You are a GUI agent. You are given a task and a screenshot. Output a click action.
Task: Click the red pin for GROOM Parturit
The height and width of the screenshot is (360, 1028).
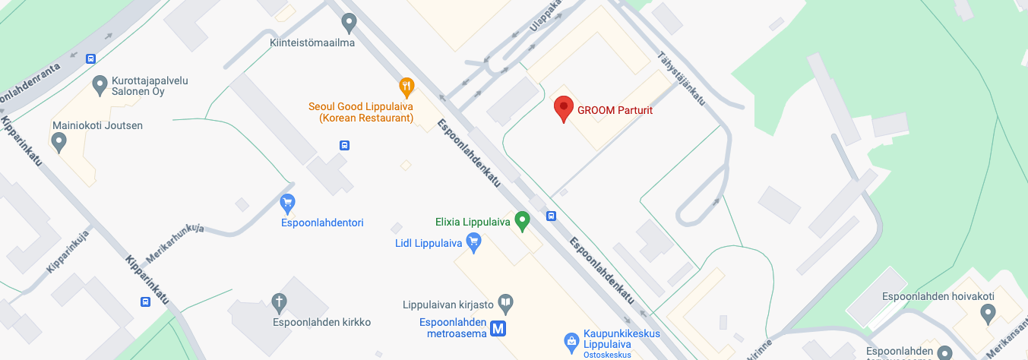(563, 109)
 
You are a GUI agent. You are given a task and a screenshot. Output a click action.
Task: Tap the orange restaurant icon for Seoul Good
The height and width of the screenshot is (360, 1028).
(406, 87)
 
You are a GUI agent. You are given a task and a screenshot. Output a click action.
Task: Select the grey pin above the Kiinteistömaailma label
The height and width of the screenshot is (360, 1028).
(349, 23)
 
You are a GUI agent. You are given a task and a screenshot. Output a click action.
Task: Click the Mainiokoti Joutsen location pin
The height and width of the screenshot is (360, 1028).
(59, 141)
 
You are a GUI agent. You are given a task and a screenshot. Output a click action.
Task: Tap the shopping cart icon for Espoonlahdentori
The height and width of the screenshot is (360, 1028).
(287, 204)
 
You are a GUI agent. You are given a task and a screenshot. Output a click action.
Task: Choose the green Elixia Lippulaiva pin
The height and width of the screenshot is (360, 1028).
(521, 221)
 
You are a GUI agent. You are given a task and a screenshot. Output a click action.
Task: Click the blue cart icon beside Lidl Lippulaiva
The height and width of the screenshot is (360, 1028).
(474, 243)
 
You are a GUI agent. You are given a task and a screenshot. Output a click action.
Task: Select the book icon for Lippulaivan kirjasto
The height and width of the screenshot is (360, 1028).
(505, 305)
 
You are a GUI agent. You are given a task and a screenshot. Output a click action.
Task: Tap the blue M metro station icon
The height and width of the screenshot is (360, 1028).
(498, 328)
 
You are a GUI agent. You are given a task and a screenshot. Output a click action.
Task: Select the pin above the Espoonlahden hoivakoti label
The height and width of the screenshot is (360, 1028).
(988, 312)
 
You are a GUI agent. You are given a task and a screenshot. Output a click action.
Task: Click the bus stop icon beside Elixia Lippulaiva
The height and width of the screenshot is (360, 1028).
(552, 216)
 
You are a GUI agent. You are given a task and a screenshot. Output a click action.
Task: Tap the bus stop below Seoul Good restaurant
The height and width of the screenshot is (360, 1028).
(344, 145)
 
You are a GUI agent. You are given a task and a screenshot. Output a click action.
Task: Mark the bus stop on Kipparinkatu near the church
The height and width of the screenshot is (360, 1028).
(145, 302)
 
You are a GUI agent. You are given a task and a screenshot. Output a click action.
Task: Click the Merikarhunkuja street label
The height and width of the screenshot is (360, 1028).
(176, 242)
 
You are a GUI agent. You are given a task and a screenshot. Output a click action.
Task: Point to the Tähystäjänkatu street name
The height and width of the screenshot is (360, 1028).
(682, 78)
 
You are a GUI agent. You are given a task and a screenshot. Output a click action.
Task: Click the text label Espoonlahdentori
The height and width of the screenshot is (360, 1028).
(322, 223)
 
